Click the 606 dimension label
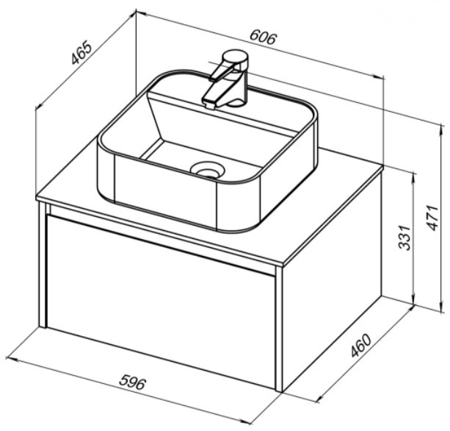[263, 38]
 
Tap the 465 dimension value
[82, 53]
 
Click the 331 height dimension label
[405, 238]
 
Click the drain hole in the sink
[208, 169]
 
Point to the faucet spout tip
[208, 103]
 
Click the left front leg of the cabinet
[43, 265]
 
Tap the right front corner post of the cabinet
[279, 328]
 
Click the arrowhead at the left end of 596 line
[10, 360]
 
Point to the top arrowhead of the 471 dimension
[440, 129]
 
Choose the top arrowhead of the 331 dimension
[413, 178]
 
